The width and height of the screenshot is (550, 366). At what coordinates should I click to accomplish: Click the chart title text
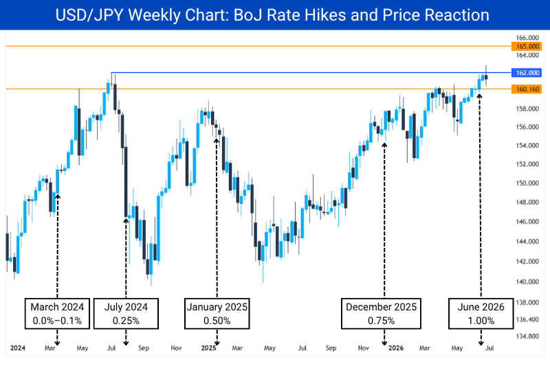click(272, 14)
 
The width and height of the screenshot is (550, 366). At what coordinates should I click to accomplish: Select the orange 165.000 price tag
click(526, 46)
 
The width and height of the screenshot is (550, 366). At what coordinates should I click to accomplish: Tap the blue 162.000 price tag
click(526, 73)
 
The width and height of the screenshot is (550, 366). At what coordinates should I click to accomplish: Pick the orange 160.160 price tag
click(526, 89)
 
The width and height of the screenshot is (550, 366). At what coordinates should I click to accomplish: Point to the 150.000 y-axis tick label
click(527, 183)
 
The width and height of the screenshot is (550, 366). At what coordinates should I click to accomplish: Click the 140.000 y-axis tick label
click(527, 282)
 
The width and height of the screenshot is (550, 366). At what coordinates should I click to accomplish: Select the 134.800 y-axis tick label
click(527, 336)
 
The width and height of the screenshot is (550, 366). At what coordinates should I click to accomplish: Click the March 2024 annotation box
click(57, 313)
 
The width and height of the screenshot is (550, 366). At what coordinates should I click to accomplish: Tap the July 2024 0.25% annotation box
click(126, 313)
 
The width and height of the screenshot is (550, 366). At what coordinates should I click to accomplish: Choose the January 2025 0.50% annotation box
click(217, 313)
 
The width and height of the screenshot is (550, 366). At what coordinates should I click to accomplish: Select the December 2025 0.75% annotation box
click(381, 313)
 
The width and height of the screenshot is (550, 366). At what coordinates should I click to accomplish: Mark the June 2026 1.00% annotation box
click(481, 313)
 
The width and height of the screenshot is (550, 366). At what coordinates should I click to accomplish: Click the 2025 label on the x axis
click(208, 347)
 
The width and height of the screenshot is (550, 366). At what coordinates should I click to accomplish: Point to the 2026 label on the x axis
click(396, 347)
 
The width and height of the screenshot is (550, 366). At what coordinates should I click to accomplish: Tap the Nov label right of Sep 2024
click(176, 347)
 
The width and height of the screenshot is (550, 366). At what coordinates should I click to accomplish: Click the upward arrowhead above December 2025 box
click(384, 145)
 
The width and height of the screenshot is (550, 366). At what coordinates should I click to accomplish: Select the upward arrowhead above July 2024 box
click(126, 220)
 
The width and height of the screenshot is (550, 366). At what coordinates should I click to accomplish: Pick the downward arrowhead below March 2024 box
click(57, 343)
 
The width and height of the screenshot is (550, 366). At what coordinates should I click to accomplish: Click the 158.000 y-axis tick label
click(527, 108)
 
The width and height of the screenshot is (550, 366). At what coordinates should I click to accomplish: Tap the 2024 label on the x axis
click(18, 347)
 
